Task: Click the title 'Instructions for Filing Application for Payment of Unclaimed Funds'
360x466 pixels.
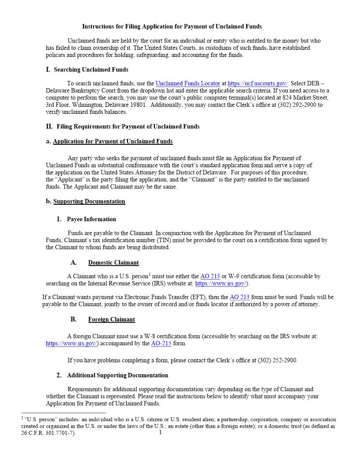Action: (172, 26)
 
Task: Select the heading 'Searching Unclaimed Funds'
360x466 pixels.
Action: (91, 69)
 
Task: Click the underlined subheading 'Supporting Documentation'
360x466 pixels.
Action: (89, 201)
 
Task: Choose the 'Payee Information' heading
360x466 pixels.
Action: (91, 219)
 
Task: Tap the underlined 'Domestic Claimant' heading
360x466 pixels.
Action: (113, 263)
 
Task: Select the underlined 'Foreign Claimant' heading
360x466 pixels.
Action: (112, 319)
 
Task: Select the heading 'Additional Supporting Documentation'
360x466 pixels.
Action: (117, 375)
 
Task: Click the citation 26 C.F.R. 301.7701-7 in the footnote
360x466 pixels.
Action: (47, 433)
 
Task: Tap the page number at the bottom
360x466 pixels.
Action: (160, 432)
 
